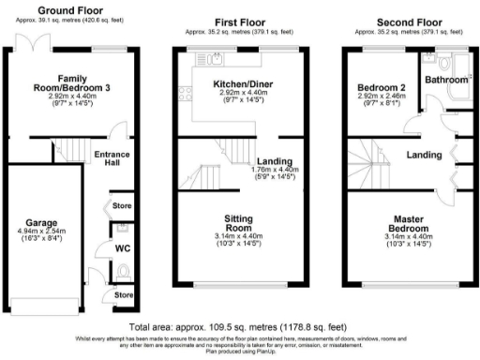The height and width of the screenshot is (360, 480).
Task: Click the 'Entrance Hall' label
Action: tap(113, 159)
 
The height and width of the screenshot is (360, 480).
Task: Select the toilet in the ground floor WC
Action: tap(125, 271)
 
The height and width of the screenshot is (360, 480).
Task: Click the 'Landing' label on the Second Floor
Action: tap(424, 155)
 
